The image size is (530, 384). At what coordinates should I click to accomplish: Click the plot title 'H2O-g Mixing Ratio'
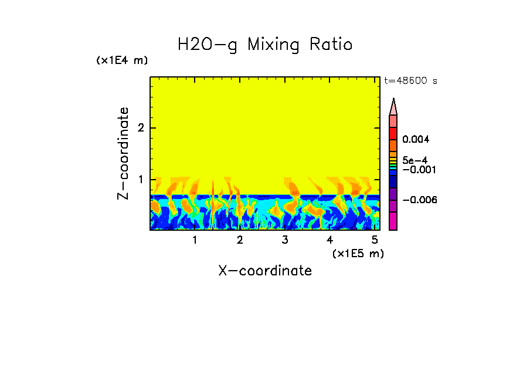pos(265,45)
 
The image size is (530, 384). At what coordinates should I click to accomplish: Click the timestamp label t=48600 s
pos(410,81)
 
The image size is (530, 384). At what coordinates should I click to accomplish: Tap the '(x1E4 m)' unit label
pos(122,60)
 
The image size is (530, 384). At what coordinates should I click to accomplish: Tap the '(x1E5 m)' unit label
pos(358,253)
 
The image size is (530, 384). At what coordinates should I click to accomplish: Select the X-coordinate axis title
pos(265,271)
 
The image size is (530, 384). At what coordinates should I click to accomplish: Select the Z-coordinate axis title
pos(123,153)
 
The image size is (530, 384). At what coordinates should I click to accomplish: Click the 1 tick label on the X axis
pos(195,240)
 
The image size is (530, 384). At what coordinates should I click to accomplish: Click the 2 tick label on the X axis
pos(240,240)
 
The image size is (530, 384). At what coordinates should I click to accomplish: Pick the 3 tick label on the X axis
pos(284,240)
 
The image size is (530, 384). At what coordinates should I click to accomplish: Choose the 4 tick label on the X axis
pos(329,240)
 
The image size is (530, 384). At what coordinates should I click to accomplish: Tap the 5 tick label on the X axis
pos(374,240)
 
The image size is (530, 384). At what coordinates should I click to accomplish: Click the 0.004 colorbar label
pos(416,140)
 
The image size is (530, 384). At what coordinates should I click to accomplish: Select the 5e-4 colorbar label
pos(415,160)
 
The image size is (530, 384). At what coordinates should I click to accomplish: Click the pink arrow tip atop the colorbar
pos(393,106)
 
